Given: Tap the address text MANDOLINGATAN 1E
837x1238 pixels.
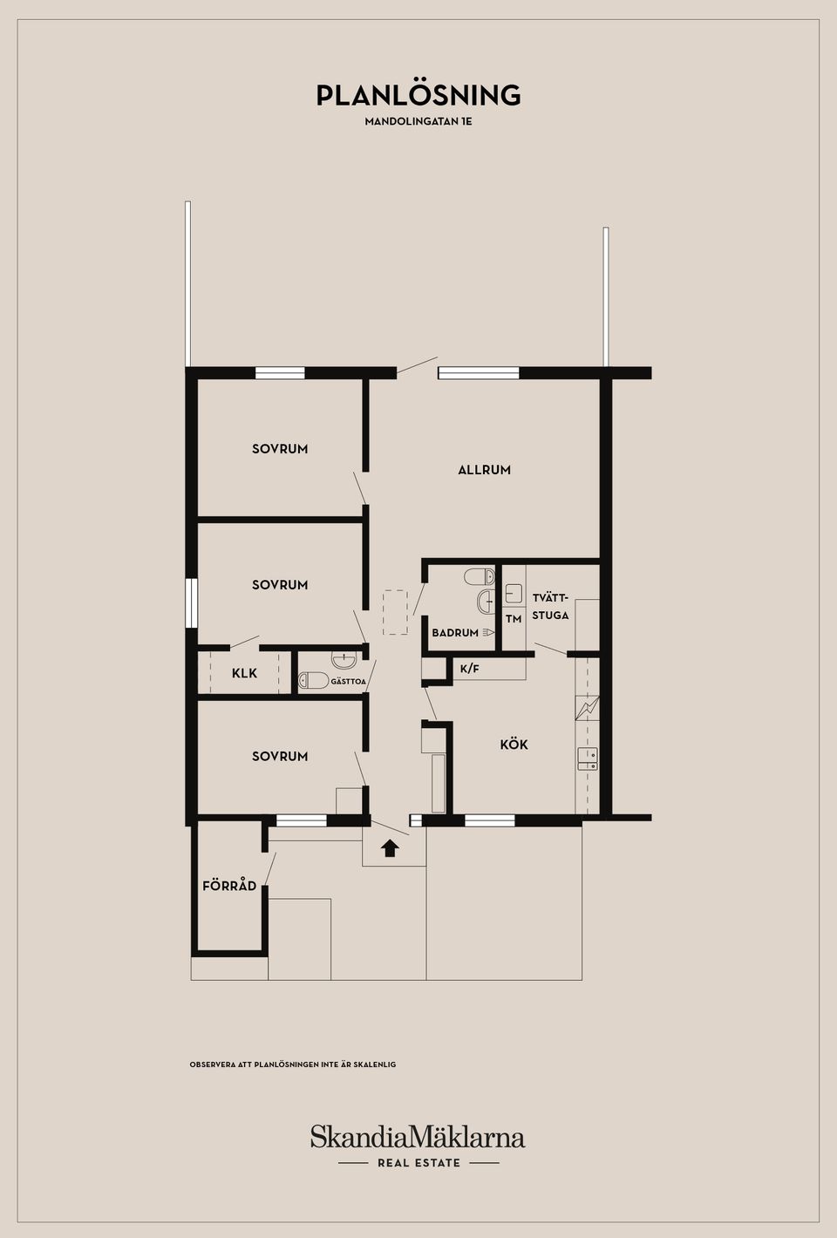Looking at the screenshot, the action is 418,121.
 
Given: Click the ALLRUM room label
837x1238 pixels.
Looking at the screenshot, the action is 484,470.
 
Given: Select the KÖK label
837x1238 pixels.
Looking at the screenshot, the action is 514,744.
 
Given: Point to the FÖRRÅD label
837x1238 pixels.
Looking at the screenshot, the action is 229,885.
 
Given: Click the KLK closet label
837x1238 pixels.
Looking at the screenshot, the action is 244,673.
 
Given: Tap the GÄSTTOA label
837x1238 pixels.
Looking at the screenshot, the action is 348,682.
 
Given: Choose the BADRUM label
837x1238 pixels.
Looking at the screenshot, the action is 455,633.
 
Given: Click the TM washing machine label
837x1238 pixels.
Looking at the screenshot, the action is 514,619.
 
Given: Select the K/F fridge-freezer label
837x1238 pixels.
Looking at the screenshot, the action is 469,669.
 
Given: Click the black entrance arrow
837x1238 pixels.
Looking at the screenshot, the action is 391,847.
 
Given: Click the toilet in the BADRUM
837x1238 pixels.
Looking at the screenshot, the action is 480,577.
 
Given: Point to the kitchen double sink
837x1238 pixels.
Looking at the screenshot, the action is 587,758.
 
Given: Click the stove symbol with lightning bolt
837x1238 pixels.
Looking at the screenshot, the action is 587,708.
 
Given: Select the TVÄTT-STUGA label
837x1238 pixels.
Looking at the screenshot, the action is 551,606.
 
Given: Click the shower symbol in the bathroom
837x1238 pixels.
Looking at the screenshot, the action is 487,632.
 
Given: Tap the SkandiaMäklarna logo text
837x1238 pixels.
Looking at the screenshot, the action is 418,1137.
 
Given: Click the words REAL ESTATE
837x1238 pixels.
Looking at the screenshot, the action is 418,1163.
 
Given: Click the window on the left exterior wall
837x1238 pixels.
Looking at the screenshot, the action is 191,602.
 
